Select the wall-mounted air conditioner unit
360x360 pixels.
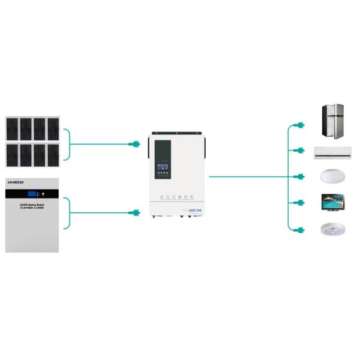pyautogui.click(x=332, y=151)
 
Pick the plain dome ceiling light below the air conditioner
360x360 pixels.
pyautogui.click(x=332, y=176)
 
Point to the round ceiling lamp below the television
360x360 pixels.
pyautogui.click(x=332, y=229)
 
